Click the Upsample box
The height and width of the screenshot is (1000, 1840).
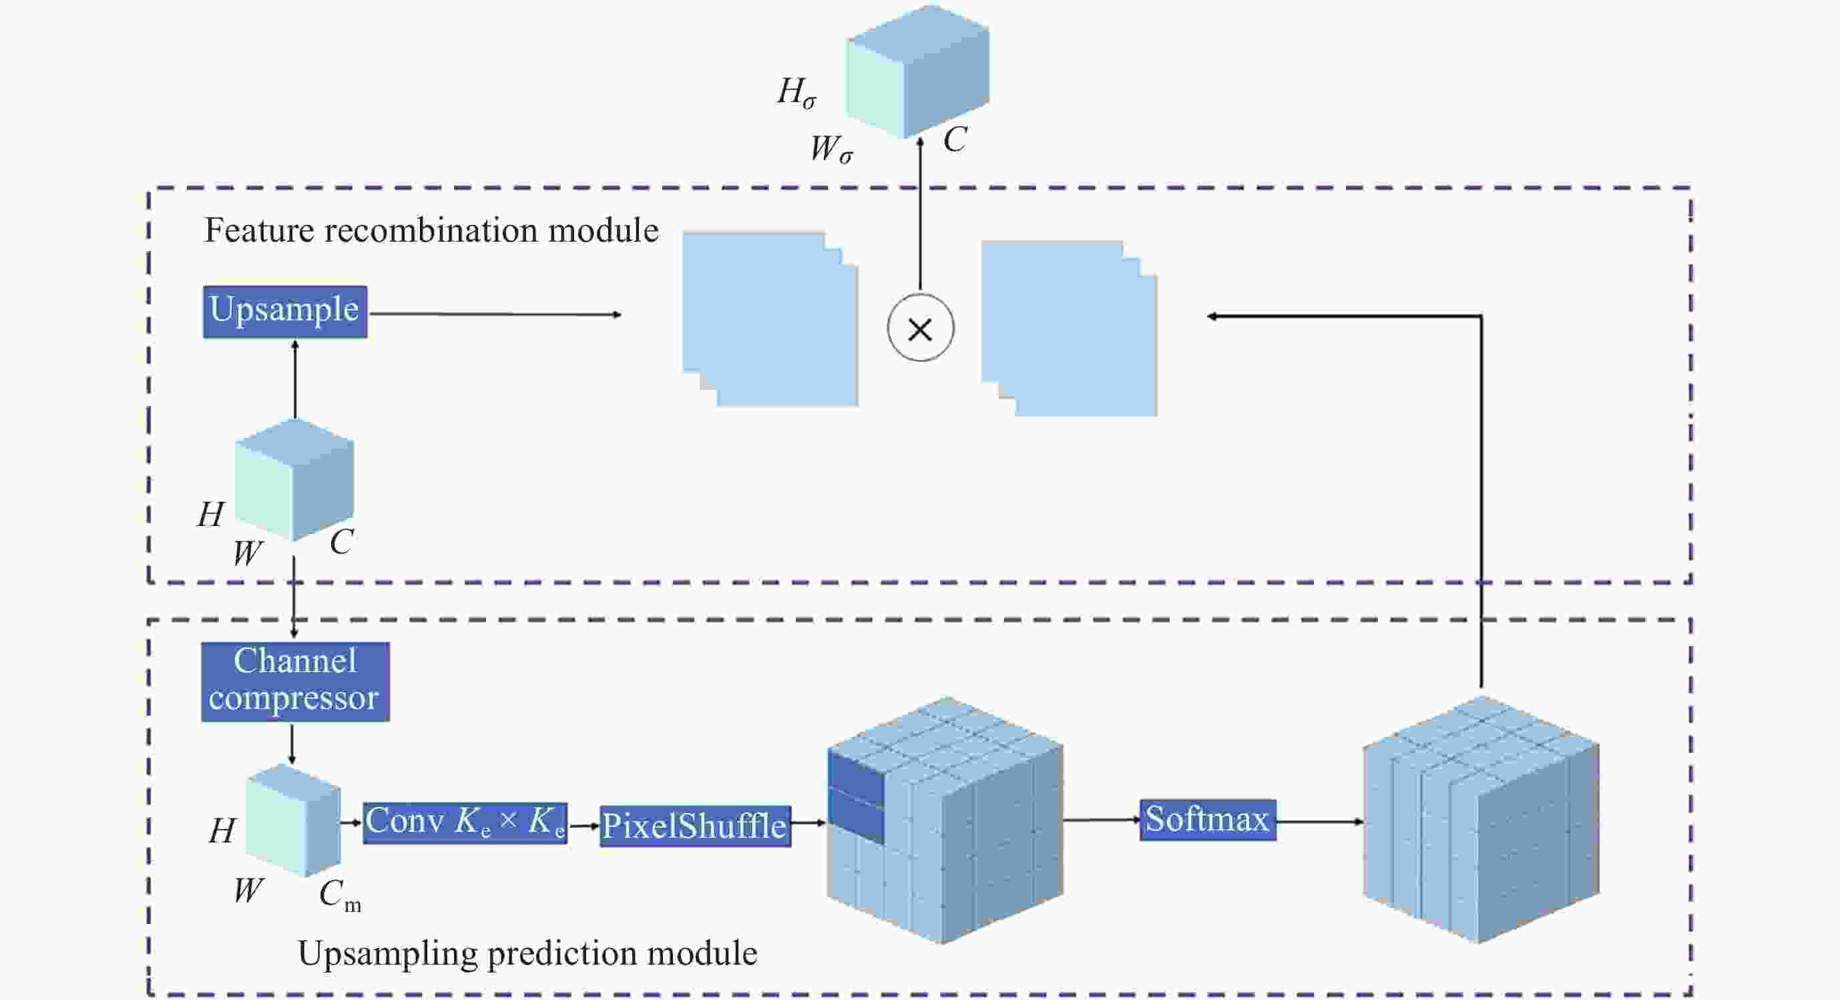[285, 312]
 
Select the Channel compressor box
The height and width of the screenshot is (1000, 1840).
[295, 682]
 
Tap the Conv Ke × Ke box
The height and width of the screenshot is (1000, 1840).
[465, 823]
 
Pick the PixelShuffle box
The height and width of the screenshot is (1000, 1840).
[695, 826]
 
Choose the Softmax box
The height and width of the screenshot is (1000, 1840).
[1207, 819]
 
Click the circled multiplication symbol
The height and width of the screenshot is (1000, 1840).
[920, 328]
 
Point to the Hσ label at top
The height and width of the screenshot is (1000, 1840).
[796, 93]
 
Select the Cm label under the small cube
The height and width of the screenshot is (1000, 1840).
[339, 895]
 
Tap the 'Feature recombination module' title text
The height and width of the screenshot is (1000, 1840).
[431, 231]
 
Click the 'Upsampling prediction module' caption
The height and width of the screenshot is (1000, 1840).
[527, 953]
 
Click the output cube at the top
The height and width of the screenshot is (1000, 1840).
[918, 71]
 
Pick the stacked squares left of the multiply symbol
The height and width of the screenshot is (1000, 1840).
[770, 319]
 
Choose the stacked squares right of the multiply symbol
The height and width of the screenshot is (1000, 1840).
[1069, 328]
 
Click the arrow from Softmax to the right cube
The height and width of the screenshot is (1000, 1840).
[1319, 821]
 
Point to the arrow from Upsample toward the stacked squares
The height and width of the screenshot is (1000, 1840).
[495, 314]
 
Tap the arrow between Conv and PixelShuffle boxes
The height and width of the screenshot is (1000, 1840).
[584, 826]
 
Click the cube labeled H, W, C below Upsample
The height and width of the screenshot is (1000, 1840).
[294, 480]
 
